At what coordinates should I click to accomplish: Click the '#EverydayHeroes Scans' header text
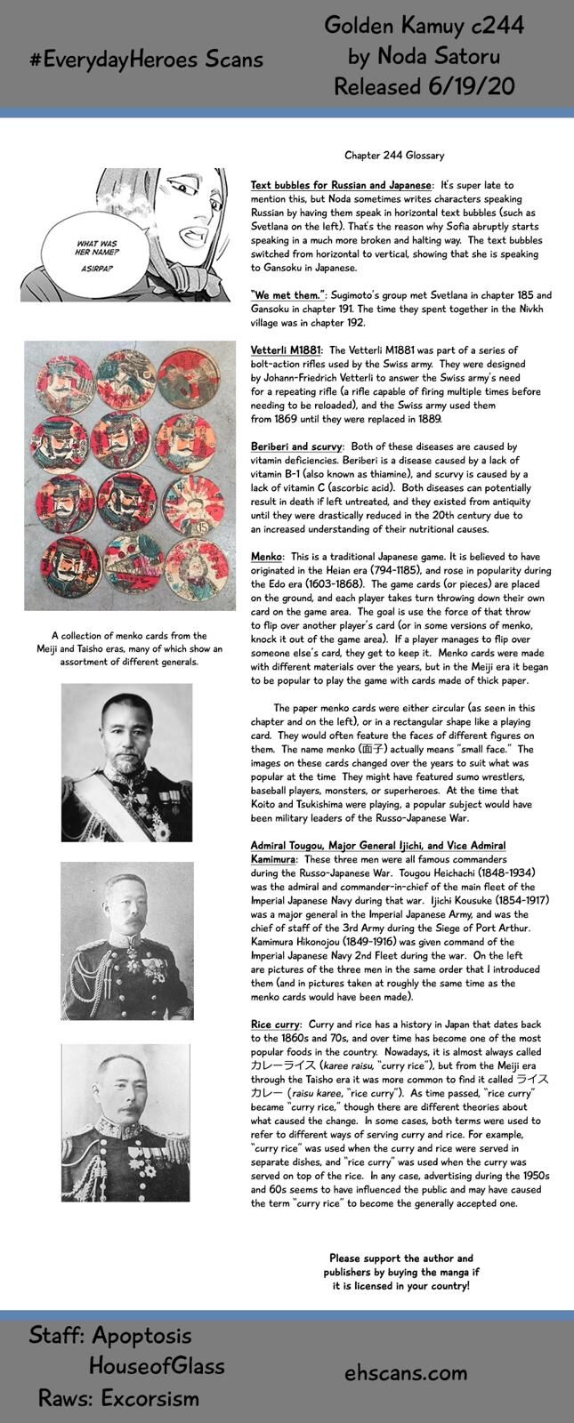[x=148, y=59]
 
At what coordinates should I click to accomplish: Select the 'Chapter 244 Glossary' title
[x=394, y=156]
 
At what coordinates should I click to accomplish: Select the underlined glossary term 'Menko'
[x=266, y=556]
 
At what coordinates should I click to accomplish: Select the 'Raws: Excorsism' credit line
[x=118, y=1398]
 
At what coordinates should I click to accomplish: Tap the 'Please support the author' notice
[x=400, y=1272]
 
